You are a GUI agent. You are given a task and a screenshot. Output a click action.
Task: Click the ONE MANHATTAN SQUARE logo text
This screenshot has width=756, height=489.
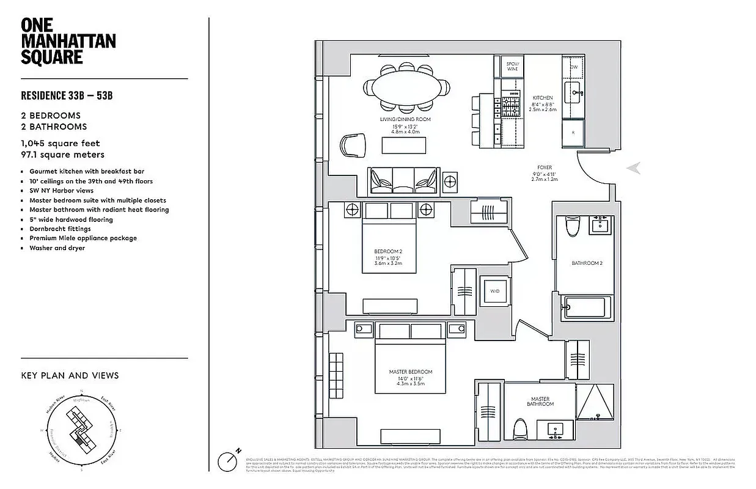68,41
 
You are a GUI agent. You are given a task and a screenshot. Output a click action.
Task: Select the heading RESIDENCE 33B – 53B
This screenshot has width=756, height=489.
67,95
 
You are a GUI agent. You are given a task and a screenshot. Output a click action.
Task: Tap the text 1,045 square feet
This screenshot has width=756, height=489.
61,144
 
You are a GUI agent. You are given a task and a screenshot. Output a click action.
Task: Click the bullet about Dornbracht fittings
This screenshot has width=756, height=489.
60,229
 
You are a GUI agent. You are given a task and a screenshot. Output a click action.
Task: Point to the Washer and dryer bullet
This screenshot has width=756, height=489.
57,248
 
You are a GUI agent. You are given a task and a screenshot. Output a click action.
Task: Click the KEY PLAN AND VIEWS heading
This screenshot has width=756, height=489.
70,375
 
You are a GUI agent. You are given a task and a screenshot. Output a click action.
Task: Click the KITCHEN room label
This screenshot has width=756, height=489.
542,98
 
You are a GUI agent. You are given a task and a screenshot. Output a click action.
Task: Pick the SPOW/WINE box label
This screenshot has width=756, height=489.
512,66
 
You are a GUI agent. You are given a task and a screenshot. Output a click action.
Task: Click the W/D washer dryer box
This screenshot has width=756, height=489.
494,291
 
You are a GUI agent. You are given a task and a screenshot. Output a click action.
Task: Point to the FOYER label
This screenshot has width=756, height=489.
544,167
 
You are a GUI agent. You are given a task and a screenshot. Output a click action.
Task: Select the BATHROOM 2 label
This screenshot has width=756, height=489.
587,263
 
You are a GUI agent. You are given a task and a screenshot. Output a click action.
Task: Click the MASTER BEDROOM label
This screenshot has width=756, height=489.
410,372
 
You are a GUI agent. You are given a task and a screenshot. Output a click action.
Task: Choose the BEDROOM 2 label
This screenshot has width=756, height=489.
388,251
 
